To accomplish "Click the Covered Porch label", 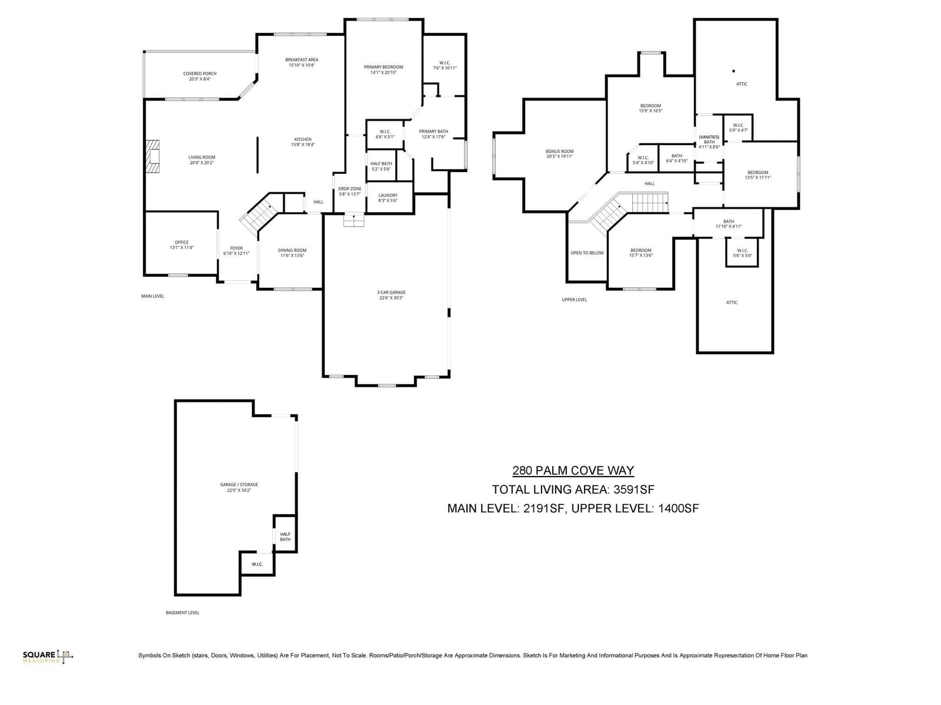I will [200, 74].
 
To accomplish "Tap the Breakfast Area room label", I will [302, 60].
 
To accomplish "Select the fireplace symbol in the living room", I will [154, 156].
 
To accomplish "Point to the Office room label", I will [181, 243].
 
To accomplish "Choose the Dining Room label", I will [292, 251].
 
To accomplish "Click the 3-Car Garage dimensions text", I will [391, 298].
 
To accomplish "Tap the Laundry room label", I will [388, 196].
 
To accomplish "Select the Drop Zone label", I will [350, 189].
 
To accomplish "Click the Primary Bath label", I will [433, 132].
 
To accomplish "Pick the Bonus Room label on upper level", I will [559, 152].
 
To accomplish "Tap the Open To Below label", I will [587, 253].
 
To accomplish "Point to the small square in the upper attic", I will [733, 71].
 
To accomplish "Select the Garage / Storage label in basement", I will [239, 485].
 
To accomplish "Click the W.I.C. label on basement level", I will [257, 565].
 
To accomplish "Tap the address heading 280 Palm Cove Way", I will [573, 471].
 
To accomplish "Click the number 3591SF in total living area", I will [634, 489].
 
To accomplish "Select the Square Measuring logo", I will [48, 656].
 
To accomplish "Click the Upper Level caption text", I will [574, 300].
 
